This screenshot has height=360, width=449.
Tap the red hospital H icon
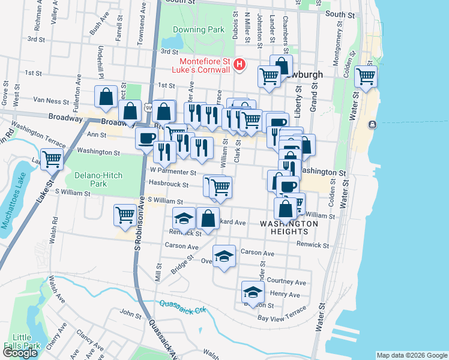(x=240, y=64)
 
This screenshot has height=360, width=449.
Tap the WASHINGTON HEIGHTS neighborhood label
(x=289, y=227)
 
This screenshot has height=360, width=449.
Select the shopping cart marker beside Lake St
(x=52, y=159)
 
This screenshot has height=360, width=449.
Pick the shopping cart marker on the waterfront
(x=366, y=76)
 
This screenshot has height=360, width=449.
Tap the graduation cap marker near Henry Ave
(x=253, y=292)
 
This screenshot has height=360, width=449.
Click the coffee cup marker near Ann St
(x=146, y=138)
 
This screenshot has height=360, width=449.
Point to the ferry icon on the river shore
(x=373, y=124)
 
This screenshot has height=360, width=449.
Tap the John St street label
(x=130, y=313)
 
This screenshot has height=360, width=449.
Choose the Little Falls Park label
(x=22, y=341)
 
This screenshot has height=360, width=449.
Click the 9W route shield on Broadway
(x=148, y=107)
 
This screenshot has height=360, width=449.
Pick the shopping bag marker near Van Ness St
(x=106, y=97)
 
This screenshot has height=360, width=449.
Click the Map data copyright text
(x=411, y=355)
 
